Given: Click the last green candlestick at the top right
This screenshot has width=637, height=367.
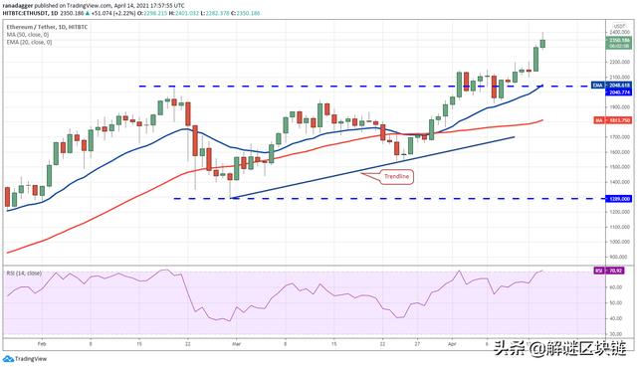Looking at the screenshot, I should tap(542, 43).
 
